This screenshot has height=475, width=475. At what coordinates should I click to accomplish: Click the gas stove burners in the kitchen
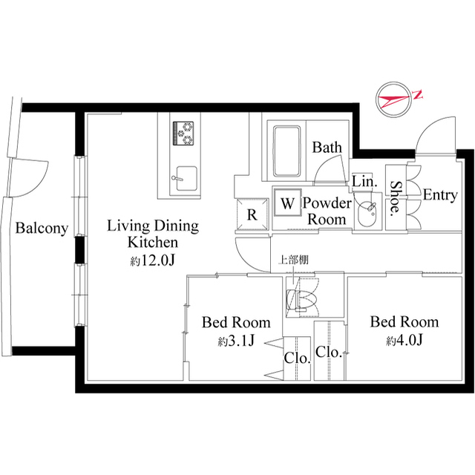(x=183, y=134)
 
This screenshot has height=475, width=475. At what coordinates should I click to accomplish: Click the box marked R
(x=252, y=215)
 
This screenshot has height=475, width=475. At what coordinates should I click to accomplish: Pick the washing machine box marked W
(x=287, y=201)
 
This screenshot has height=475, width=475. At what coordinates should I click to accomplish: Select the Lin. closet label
(x=364, y=180)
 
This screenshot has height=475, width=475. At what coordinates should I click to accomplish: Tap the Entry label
(x=439, y=195)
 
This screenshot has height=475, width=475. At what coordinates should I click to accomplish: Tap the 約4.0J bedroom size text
(x=404, y=341)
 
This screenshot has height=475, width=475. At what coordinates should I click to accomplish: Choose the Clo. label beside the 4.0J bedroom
(x=327, y=353)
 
